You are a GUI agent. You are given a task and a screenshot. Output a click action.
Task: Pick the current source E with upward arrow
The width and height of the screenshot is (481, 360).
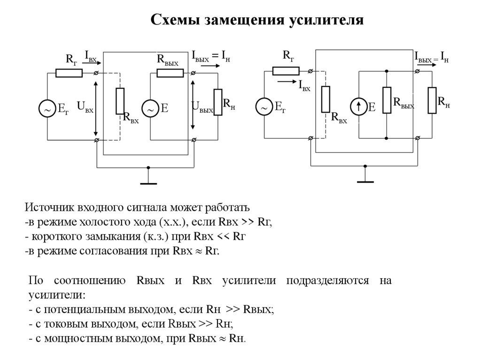(358, 107)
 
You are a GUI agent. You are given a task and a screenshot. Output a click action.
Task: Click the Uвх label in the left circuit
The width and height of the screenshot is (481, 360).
(85, 107)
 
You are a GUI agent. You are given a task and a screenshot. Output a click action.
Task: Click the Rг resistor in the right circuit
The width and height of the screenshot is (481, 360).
(286, 71)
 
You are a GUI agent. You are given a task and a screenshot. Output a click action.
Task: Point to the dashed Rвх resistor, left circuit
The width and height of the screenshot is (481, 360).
(120, 101)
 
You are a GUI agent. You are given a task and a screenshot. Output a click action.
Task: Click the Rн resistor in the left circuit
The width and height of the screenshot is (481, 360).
(217, 101)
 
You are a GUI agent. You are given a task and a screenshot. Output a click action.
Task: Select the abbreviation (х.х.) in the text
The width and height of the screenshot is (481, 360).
(174, 222)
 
